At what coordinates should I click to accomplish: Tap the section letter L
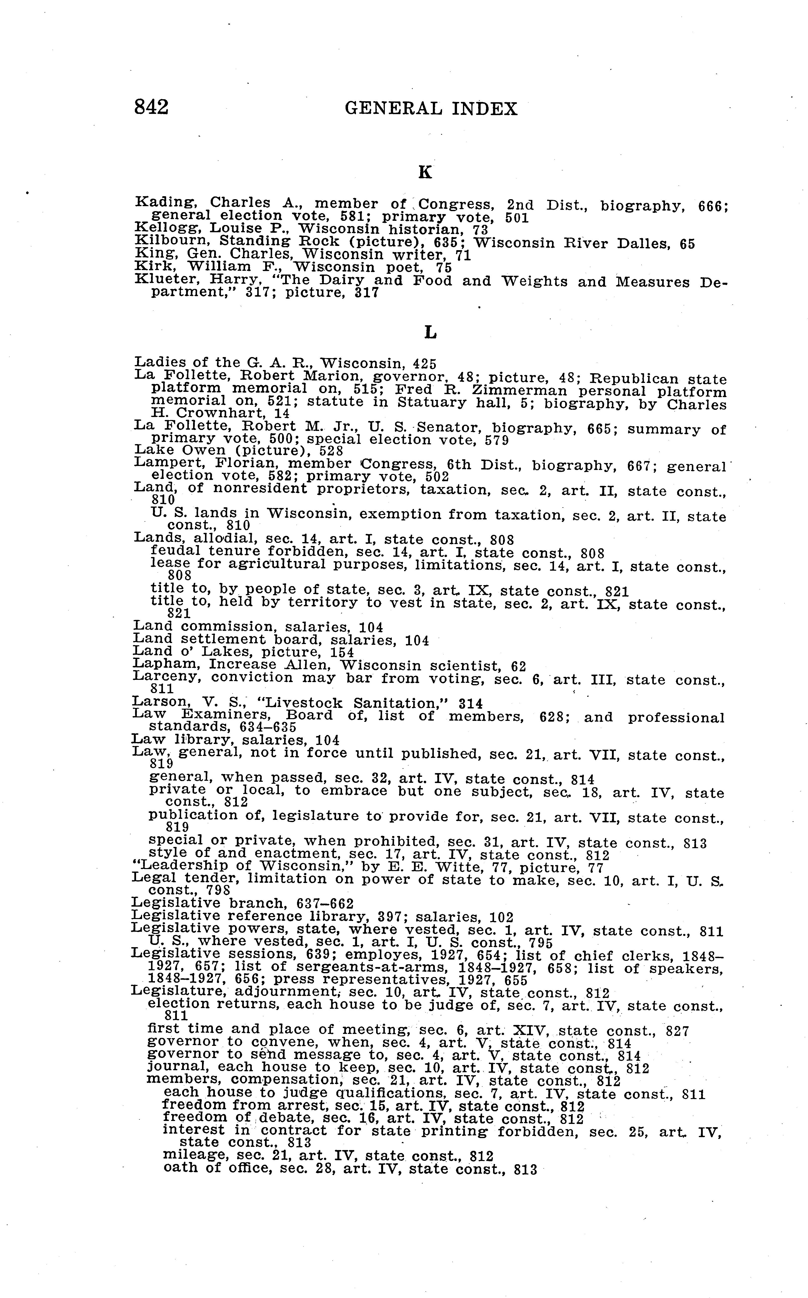click(430, 333)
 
